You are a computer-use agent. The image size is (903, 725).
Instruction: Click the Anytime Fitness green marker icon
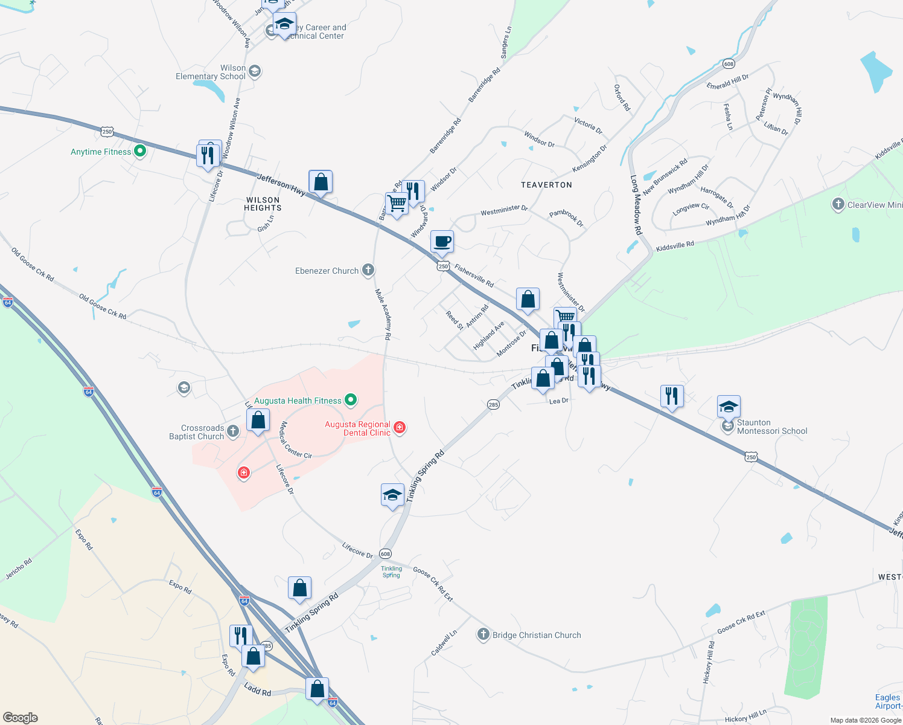click(140, 151)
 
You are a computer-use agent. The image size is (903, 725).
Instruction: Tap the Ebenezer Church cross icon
click(368, 270)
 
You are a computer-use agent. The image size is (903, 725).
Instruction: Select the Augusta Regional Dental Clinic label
click(358, 428)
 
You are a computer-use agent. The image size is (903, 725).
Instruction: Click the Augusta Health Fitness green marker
click(350, 400)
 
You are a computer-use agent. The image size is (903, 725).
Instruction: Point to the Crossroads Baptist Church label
click(197, 432)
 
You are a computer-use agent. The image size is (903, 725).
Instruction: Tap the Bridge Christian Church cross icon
click(483, 634)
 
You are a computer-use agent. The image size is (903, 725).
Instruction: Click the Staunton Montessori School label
click(772, 427)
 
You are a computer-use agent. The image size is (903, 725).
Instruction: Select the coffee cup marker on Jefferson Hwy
click(442, 242)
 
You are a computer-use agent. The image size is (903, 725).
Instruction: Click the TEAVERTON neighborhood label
click(546, 185)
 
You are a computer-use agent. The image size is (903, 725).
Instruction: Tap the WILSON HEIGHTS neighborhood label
click(263, 204)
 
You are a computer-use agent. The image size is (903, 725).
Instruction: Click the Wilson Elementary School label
click(211, 72)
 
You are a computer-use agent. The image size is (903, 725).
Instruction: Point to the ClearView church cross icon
click(838, 204)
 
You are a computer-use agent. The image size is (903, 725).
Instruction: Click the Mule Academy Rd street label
click(383, 314)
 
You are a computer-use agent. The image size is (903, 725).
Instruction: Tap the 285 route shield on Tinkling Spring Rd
click(493, 404)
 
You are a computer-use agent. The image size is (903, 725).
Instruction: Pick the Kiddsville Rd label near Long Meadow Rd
click(675, 246)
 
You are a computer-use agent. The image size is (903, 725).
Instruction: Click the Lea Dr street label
click(558, 401)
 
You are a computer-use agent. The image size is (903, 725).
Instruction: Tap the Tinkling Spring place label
click(391, 572)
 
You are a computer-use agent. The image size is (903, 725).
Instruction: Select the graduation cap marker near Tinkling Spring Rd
click(392, 495)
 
